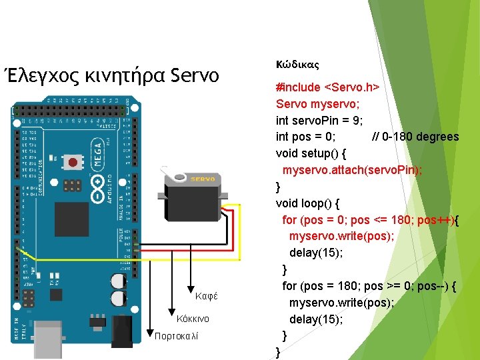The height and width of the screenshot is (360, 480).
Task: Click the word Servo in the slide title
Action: [195, 75]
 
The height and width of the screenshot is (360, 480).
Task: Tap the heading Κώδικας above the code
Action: [297, 65]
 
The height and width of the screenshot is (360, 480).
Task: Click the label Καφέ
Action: [207, 296]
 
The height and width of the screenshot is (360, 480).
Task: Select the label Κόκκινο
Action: [193, 318]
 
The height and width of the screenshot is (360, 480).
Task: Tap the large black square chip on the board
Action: [71, 218]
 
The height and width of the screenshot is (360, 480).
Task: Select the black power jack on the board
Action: [121, 331]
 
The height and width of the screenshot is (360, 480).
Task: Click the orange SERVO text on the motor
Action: [202, 179]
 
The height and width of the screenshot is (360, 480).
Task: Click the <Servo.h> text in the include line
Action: [351, 88]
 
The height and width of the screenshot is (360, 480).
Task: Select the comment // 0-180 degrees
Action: [415, 137]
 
